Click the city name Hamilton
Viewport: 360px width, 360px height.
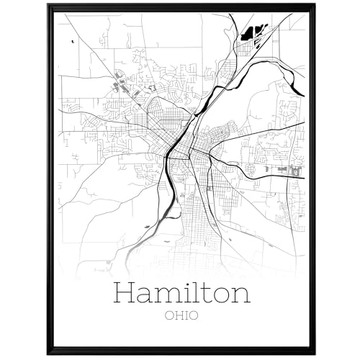pyautogui.click(x=180, y=294)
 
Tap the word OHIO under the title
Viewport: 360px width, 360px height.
pyautogui.click(x=180, y=315)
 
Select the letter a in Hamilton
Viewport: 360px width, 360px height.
pyautogui.click(x=145, y=297)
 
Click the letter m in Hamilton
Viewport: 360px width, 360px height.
pyautogui.click(x=166, y=297)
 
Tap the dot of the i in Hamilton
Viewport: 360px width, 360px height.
pyautogui.click(x=183, y=285)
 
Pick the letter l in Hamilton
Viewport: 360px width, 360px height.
pyautogui.click(x=192, y=293)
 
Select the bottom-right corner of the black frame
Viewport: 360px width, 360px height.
pyautogui.click(x=313, y=353)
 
